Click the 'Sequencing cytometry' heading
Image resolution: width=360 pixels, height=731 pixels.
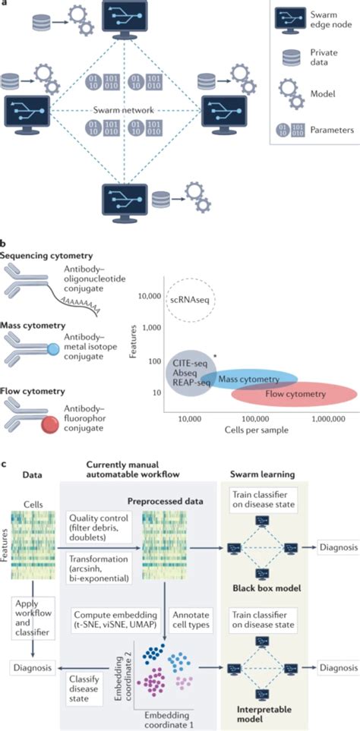click(x=48, y=257)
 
